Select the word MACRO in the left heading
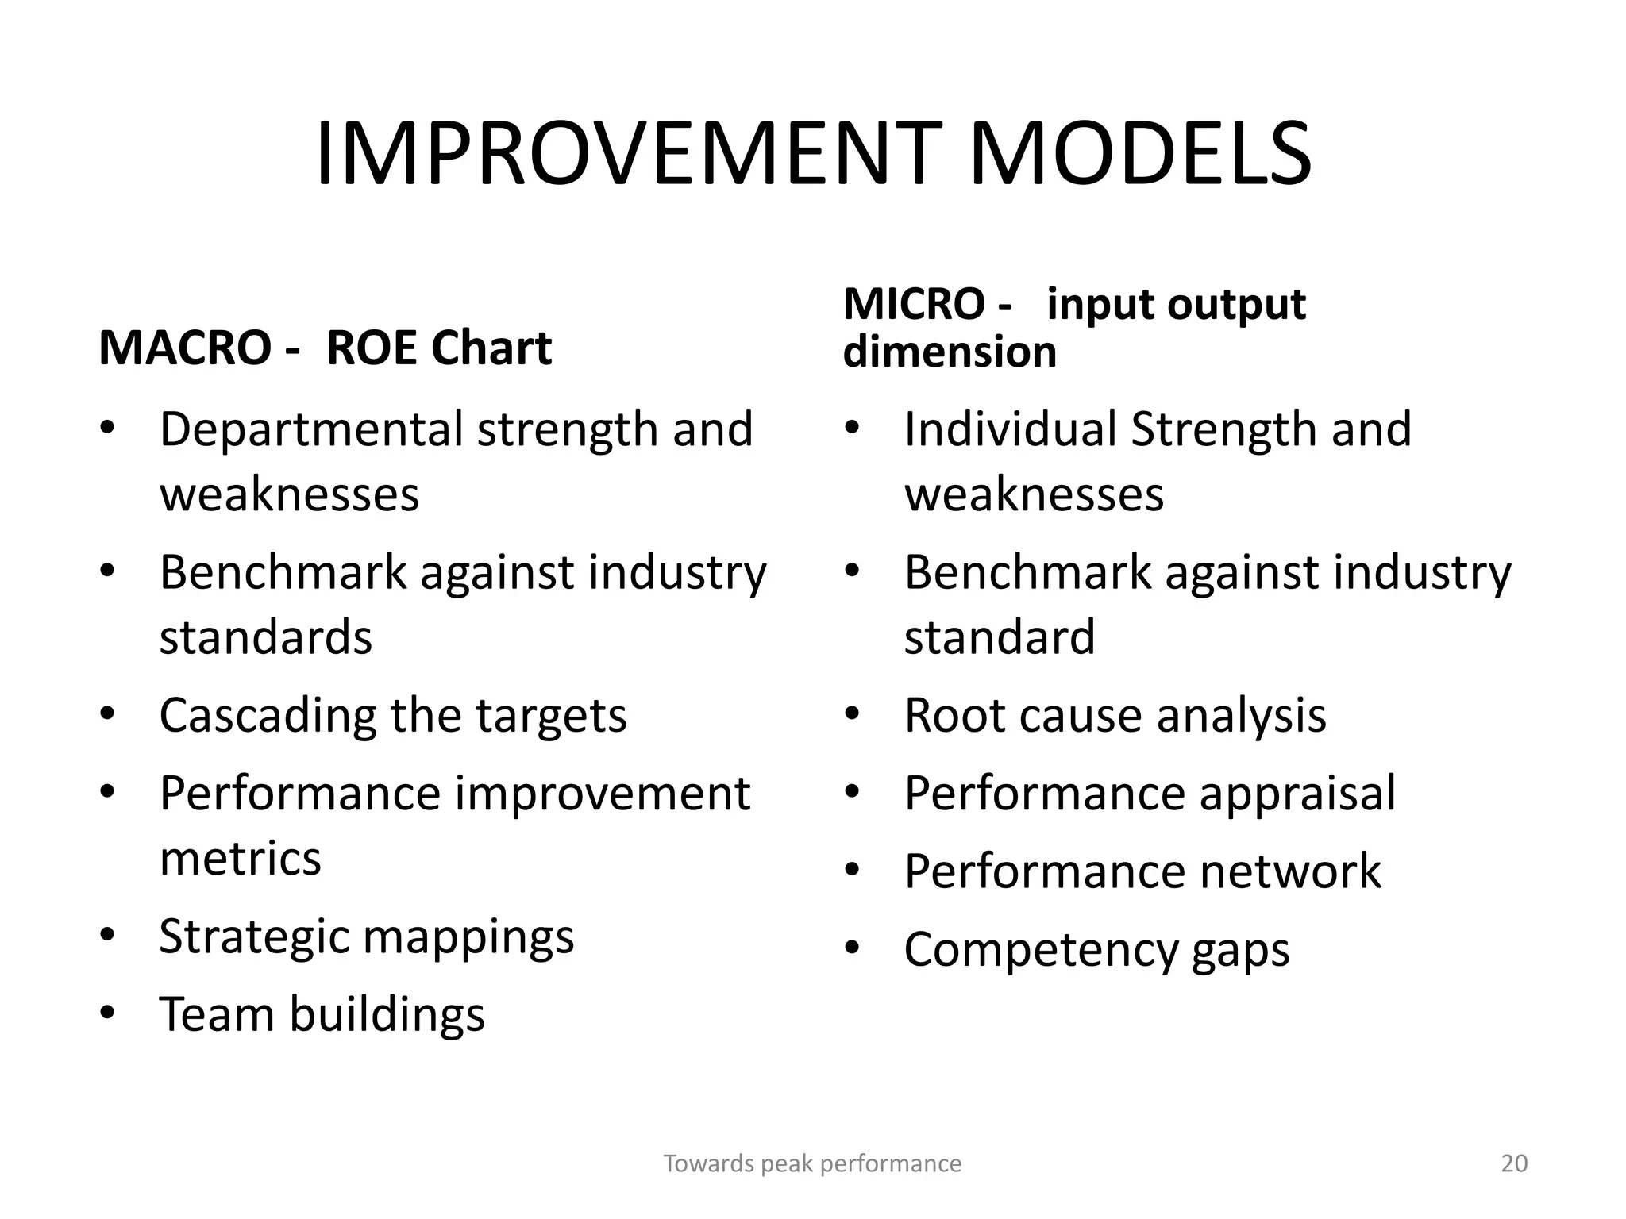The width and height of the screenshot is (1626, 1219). [184, 348]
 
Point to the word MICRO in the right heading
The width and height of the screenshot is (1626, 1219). [913, 305]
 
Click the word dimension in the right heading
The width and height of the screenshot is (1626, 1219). [950, 352]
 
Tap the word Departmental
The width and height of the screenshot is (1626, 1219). [310, 430]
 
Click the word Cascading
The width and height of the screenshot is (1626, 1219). [267, 716]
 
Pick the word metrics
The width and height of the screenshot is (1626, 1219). [240, 859]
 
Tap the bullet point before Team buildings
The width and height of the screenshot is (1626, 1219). [108, 1013]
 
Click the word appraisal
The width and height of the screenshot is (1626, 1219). [1297, 794]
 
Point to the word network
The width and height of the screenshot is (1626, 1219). [1290, 871]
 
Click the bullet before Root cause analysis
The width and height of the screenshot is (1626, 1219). [853, 715]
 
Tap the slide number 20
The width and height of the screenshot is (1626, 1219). [1514, 1163]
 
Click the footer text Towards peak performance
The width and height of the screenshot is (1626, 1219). [812, 1163]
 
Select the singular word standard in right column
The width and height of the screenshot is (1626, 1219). [1000, 637]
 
